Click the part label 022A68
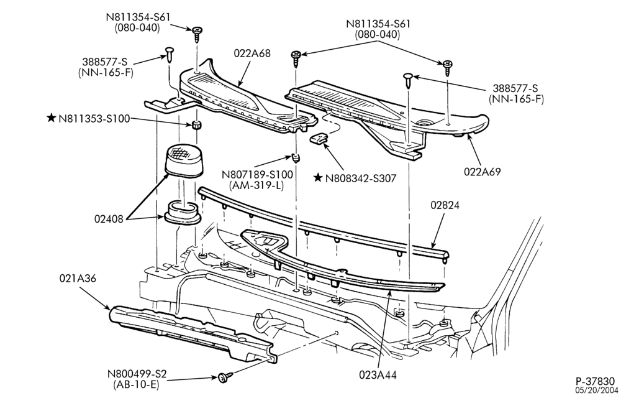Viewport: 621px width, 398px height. click(x=252, y=53)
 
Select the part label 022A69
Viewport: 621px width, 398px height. click(x=483, y=172)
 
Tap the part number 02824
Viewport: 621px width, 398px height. click(x=445, y=205)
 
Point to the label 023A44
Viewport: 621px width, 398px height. click(x=378, y=374)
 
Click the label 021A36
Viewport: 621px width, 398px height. click(x=78, y=279)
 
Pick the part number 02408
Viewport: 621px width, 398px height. click(x=109, y=218)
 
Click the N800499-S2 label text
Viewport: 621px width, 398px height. click(x=137, y=374)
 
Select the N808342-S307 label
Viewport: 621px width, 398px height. click(x=360, y=178)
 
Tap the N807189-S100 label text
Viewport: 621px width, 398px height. click(x=257, y=174)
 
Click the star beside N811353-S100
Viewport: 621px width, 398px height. click(x=51, y=118)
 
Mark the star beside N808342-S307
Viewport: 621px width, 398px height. click(x=317, y=178)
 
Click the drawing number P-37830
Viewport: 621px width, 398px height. click(x=596, y=381)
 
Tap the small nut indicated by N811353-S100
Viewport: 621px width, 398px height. click(x=195, y=125)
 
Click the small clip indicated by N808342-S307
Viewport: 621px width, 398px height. click(x=319, y=139)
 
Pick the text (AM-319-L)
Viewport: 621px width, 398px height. click(x=256, y=185)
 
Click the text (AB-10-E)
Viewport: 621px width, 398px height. click(x=137, y=384)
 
